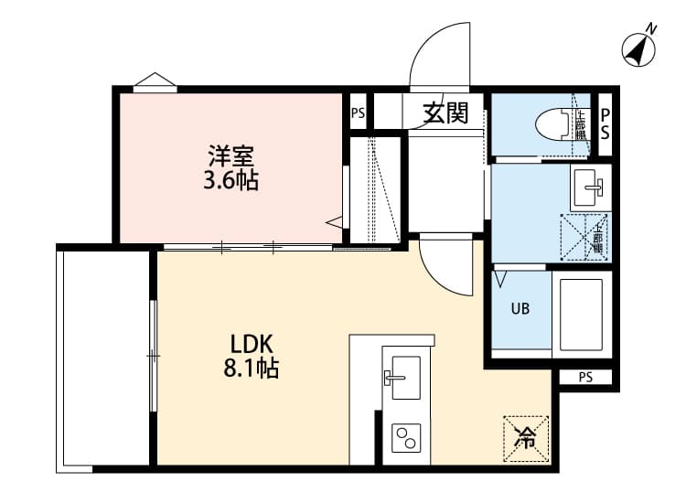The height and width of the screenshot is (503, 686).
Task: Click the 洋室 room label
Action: coord(230,155)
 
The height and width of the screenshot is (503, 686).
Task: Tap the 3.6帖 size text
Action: coord(230,180)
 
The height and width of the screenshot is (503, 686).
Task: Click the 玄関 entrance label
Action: coord(445,113)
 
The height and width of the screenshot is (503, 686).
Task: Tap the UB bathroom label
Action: coord(520,308)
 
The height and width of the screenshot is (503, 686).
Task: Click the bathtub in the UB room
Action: coord(581,314)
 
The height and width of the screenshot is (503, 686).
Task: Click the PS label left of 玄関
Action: coord(358,114)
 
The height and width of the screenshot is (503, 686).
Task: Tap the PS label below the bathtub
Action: coord(585,377)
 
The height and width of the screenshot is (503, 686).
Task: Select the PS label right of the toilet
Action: coord(605,122)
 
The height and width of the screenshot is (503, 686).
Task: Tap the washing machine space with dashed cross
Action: coord(584,234)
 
